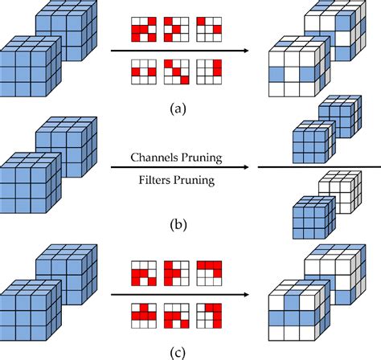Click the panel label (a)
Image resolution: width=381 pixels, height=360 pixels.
(178, 109)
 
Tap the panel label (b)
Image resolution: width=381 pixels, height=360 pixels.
(178, 224)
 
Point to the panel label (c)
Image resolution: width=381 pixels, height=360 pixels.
(178, 353)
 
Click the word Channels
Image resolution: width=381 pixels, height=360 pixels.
(154, 157)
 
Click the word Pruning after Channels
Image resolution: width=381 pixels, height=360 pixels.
(201, 157)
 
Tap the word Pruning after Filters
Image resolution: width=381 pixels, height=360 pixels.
(194, 181)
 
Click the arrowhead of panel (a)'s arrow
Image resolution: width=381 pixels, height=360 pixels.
(246, 51)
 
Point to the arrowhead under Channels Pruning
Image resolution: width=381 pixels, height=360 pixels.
(246, 167)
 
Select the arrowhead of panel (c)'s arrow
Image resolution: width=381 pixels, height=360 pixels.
(246, 295)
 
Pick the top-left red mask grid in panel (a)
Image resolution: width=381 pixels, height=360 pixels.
(144, 30)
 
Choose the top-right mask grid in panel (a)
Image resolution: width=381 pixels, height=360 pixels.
(209, 30)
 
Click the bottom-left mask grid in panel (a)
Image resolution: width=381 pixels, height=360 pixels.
(144, 72)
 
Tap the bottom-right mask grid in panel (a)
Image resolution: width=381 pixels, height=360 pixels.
(209, 72)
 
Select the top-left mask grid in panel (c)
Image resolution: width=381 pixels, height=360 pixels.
(144, 273)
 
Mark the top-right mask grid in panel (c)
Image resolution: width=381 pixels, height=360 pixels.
(209, 273)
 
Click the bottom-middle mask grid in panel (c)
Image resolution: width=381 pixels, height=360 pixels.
(177, 316)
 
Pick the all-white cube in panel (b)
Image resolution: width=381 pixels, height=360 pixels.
(340, 192)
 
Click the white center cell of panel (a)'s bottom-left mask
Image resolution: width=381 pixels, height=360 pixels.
(144, 72)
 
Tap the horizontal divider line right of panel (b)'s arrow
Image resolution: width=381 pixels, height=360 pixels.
(319, 167)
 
